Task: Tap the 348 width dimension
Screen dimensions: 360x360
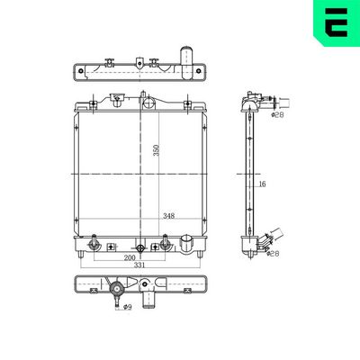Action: [168, 216]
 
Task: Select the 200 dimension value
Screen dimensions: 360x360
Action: [131, 257]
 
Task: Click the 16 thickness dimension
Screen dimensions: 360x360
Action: [261, 184]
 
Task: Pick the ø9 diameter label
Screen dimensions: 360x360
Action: [127, 309]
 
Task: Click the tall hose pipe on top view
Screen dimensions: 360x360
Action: [187, 59]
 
